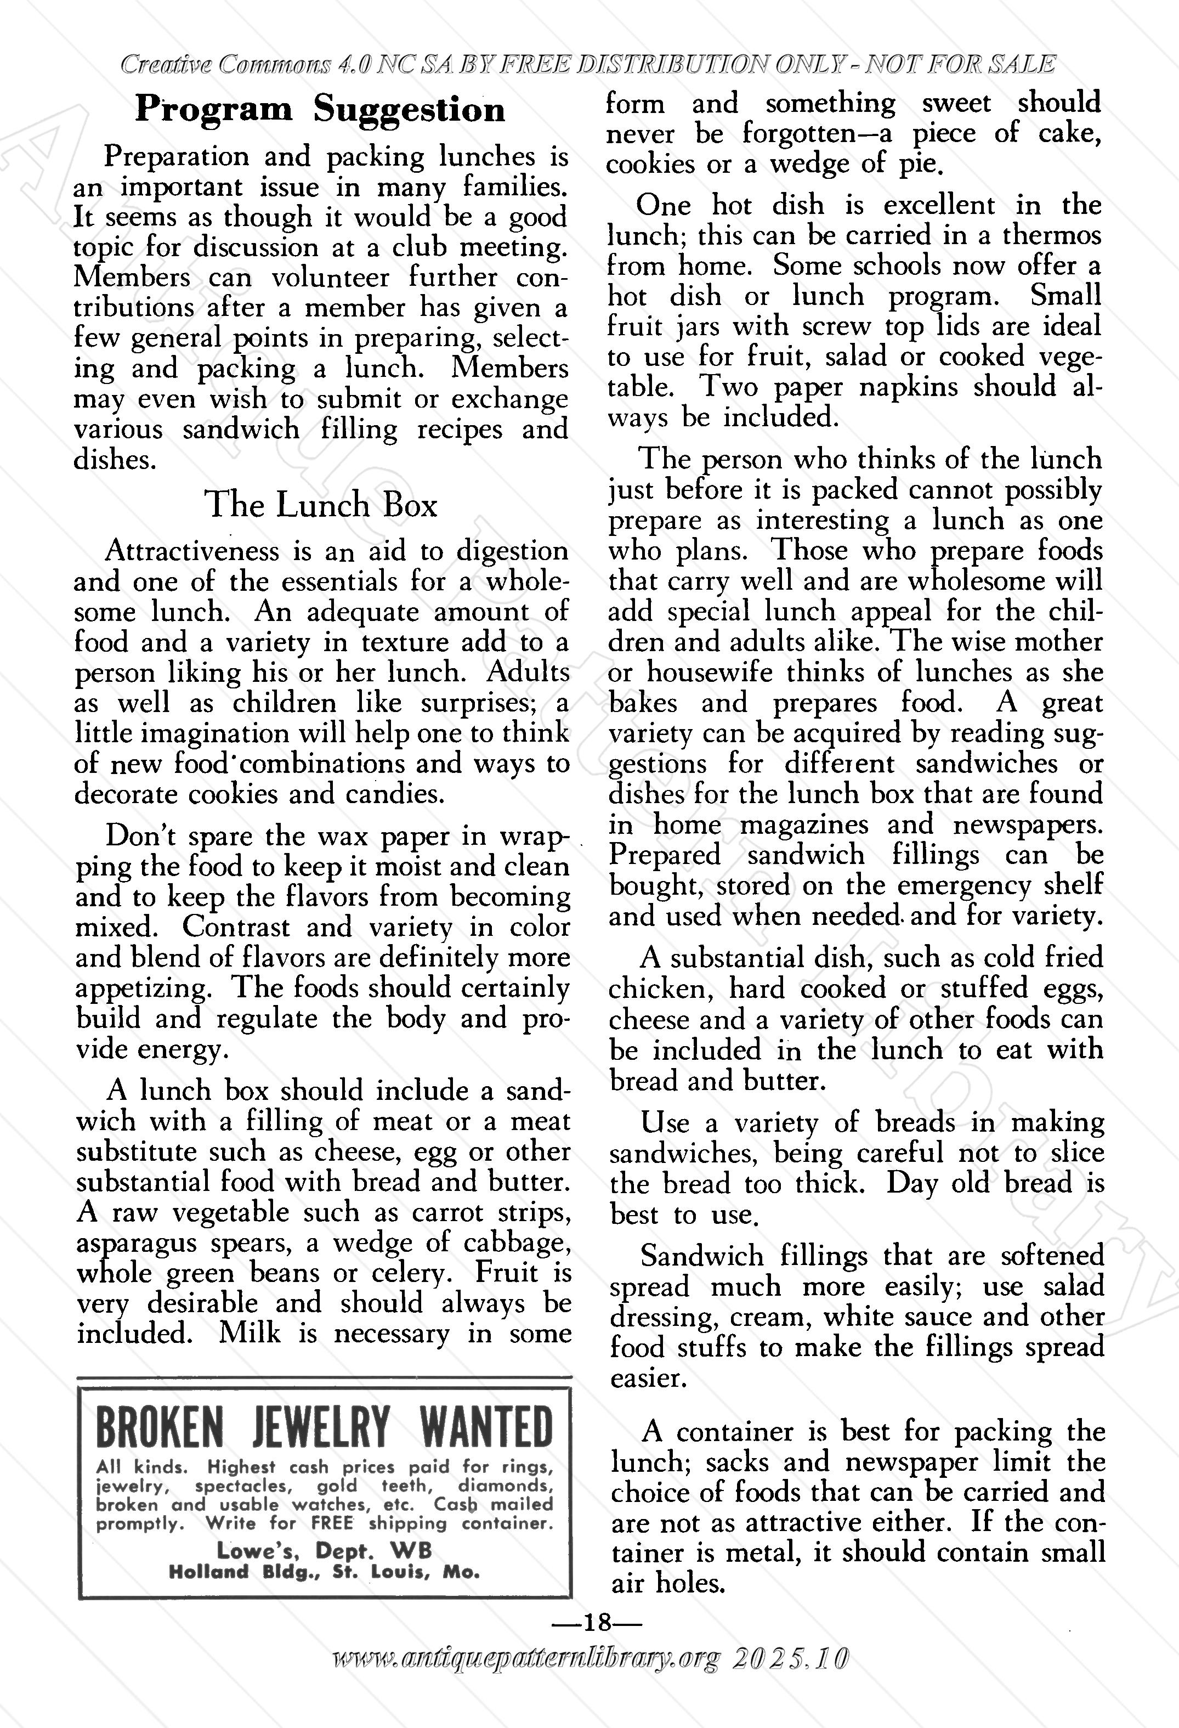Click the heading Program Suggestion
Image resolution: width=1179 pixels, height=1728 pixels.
tap(320, 110)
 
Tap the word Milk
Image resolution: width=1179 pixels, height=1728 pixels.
tap(250, 1333)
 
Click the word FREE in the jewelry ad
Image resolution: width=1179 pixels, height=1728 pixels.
tap(332, 1523)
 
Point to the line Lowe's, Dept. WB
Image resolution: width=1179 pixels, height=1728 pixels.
tap(324, 1550)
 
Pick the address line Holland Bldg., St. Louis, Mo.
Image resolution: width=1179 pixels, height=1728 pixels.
tap(324, 1572)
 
